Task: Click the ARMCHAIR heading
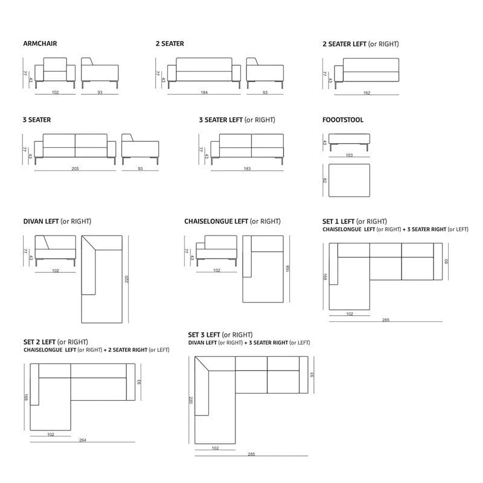point(40,43)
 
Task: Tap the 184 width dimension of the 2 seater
point(204,92)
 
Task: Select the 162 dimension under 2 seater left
point(366,93)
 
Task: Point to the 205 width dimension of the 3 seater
point(75,168)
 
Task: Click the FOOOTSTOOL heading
point(343,120)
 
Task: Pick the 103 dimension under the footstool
point(349,155)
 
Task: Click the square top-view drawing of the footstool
point(350,180)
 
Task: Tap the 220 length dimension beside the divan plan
point(127,280)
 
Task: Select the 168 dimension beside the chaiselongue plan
point(288,269)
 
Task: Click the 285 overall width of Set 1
point(386,320)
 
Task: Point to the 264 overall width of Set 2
point(83,440)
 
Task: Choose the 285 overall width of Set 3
point(251,454)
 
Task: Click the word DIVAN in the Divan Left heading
point(33,221)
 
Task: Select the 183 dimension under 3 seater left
point(247,168)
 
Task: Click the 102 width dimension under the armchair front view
point(55,92)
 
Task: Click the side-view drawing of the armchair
point(100,73)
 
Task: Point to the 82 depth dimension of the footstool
point(324,181)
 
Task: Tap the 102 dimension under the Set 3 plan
point(215,448)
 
